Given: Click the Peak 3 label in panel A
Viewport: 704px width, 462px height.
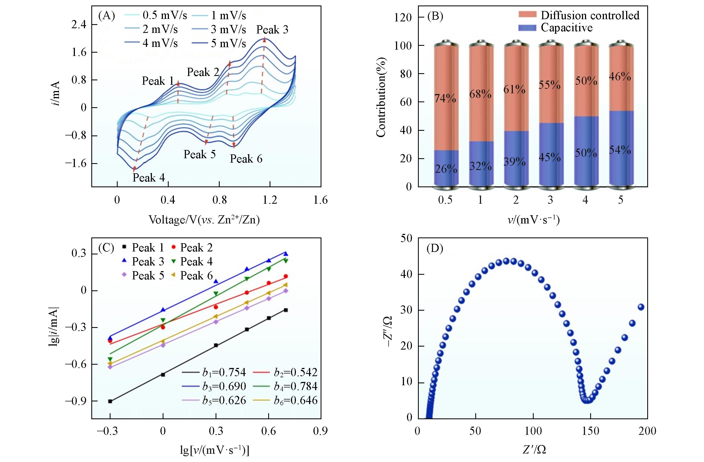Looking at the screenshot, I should click(x=272, y=30).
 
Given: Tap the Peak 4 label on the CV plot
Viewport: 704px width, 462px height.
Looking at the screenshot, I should click(x=148, y=178).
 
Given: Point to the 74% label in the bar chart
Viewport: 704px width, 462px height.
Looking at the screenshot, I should click(x=445, y=98).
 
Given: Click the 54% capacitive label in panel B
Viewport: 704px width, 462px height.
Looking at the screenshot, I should click(x=620, y=150).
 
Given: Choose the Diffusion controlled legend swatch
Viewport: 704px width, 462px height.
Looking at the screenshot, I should click(x=527, y=15).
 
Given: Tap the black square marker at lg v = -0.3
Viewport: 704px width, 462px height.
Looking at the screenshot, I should click(x=110, y=401).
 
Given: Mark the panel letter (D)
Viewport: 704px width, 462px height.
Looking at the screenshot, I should click(x=435, y=249).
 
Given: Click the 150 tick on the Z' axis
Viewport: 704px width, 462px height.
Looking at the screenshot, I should click(x=590, y=431).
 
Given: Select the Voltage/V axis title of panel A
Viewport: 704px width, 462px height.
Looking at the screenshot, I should click(x=204, y=220).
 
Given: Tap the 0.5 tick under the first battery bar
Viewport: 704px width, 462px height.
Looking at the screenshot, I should click(x=445, y=200).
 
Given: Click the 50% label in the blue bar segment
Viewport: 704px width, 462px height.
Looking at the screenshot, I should click(x=586, y=153).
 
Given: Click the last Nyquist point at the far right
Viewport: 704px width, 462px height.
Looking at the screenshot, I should click(x=641, y=307).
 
